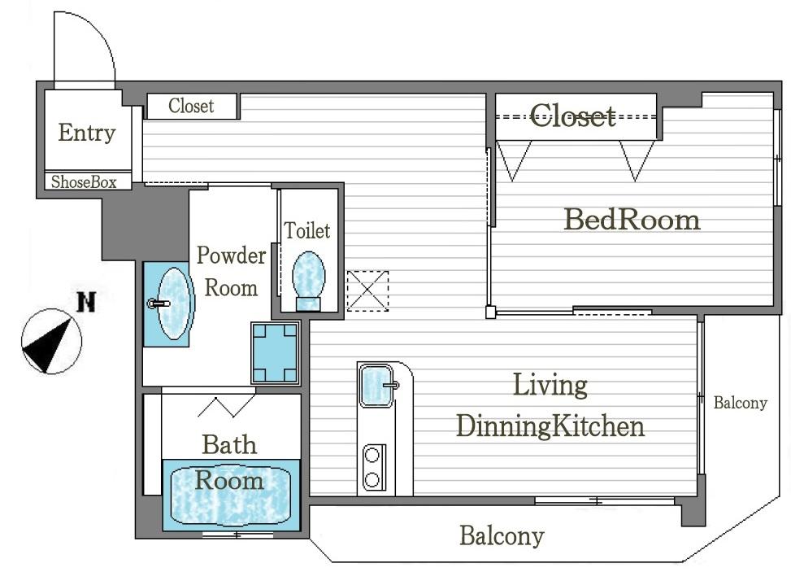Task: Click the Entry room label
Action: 87,133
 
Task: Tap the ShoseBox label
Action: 84,182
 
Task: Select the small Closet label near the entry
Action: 191,107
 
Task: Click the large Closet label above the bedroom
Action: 573,116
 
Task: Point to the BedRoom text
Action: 632,220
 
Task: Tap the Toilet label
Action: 307,231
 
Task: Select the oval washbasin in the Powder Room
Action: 173,303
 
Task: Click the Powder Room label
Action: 231,272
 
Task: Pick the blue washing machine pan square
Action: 275,353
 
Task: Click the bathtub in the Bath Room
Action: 231,493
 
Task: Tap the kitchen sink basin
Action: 377,385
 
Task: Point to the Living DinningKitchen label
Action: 550,406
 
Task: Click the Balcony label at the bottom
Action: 501,536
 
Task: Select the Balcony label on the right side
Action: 740,403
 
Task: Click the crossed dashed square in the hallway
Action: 367,290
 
